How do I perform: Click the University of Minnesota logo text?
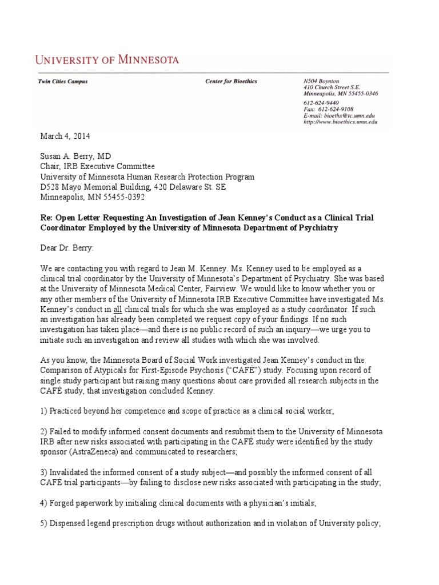pos(107,59)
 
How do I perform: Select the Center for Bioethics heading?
pos(231,82)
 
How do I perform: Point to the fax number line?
pos(328,109)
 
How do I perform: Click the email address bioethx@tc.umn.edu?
pos(340,115)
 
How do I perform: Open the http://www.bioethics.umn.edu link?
pos(340,122)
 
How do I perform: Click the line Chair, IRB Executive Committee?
pos(97,167)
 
